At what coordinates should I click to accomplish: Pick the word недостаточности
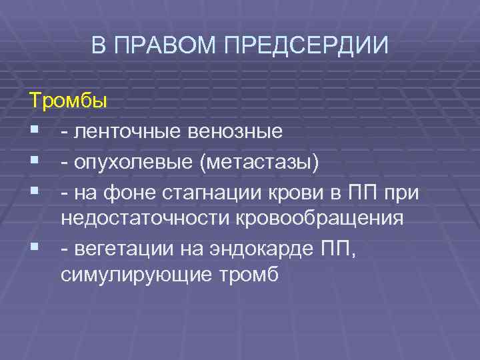pos(136,219)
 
